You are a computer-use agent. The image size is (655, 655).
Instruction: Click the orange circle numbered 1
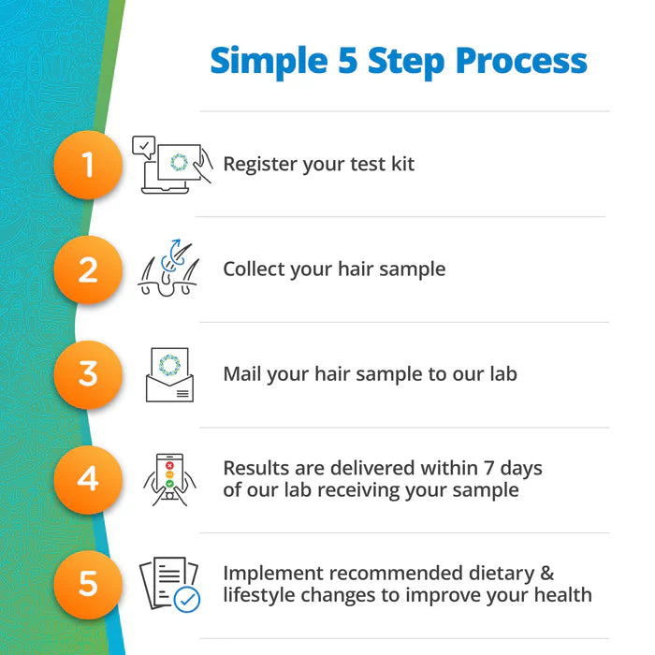[x=88, y=165]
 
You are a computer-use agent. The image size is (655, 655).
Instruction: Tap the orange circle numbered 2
[x=88, y=269]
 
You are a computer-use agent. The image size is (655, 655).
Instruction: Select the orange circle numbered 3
[x=88, y=374]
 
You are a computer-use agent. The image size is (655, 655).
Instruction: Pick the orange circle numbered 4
[x=88, y=479]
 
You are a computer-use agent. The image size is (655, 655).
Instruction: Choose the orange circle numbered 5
[x=88, y=584]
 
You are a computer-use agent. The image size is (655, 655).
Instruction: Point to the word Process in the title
[x=521, y=62]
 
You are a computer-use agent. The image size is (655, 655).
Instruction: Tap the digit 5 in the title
[x=347, y=61]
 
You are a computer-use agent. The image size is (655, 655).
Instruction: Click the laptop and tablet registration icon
[x=172, y=165]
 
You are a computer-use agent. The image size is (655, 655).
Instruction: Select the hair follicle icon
[x=168, y=268]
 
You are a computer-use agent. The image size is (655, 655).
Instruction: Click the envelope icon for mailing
[x=169, y=374]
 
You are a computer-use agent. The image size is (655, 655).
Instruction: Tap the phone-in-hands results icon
[x=169, y=479]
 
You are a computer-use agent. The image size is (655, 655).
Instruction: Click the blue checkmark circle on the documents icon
[x=187, y=600]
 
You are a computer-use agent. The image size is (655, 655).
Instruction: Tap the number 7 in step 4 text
[x=489, y=468]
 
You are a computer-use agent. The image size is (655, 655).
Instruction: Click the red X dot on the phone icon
[x=169, y=465]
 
